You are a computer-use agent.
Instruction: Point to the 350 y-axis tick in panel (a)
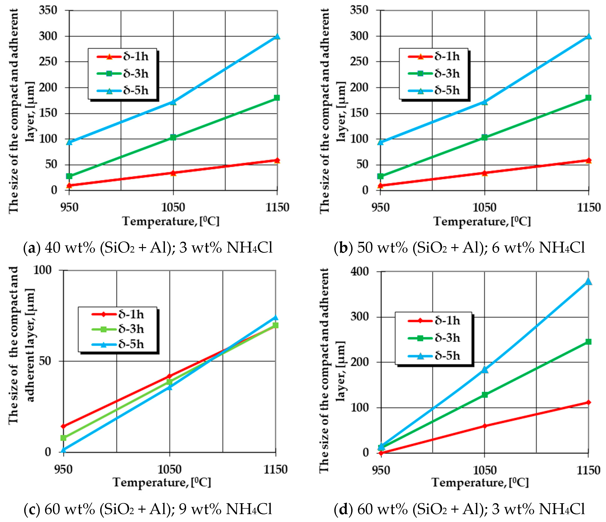(48, 10)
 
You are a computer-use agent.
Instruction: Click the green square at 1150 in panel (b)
(588, 97)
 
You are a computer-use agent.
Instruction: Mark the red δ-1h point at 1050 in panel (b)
(484, 173)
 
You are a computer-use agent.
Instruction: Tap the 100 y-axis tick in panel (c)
(42, 270)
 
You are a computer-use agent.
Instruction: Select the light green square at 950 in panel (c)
(63, 438)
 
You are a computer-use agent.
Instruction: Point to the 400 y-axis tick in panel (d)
(360, 271)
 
